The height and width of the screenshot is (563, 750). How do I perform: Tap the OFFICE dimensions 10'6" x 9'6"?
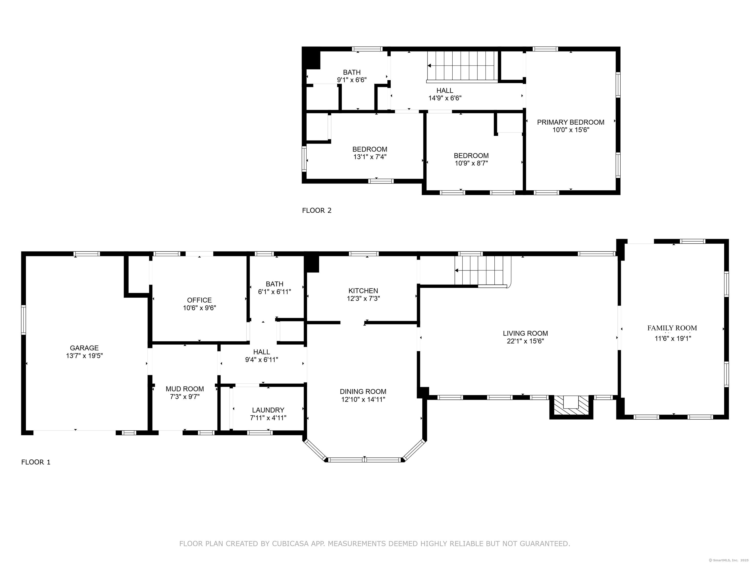199,308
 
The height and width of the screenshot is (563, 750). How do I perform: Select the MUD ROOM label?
185,389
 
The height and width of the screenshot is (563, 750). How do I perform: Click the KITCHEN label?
363,291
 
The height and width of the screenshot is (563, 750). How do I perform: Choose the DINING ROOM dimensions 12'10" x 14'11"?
363,400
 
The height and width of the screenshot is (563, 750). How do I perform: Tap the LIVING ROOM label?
525,334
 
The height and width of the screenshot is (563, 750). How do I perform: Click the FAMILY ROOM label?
672,328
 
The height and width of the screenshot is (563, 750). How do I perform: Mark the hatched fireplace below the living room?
571,407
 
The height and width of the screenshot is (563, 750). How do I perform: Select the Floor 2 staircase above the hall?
462,66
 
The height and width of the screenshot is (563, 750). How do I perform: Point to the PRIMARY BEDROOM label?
571,122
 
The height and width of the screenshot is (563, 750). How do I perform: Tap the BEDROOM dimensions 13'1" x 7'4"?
370,157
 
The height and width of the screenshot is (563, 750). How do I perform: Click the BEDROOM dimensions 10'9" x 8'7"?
471,163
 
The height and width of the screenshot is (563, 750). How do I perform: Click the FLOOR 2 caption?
317,210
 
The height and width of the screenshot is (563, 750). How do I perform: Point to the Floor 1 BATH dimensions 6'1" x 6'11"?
275,292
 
